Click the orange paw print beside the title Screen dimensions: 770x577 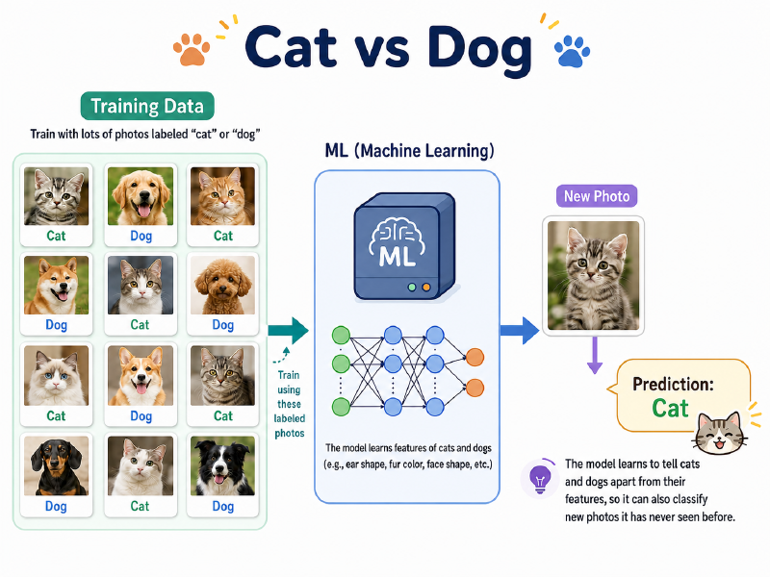tap(192, 49)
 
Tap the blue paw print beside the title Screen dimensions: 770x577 tap(572, 51)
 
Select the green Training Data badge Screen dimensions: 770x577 tap(147, 106)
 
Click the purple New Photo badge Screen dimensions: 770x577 tap(597, 196)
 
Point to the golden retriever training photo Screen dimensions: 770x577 tap(141, 196)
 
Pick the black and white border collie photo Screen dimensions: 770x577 tap(223, 465)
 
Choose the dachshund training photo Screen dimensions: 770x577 tap(57, 465)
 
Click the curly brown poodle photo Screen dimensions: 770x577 tap(223, 285)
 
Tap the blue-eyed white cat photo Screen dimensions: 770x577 tap(57, 375)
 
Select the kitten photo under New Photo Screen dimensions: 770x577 tap(593, 275)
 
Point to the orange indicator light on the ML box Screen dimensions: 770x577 tap(426, 288)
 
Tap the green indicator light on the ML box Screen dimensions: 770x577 tap(412, 288)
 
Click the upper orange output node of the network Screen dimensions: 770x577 tap(475, 357)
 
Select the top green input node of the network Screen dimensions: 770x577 tap(341, 336)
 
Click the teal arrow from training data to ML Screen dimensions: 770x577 tap(288, 331)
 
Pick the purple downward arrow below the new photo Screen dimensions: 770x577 tap(595, 355)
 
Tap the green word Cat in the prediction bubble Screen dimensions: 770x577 tap(670, 408)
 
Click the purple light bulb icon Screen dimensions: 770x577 tap(540, 478)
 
